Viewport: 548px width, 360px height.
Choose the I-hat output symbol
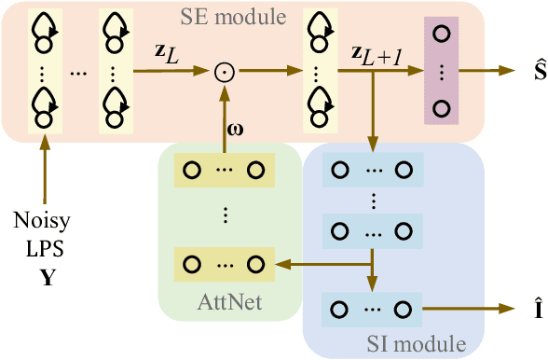pyautogui.click(x=527, y=309)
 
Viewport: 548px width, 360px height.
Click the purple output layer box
pyautogui.click(x=443, y=69)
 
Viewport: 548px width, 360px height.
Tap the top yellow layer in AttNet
pyautogui.click(x=224, y=171)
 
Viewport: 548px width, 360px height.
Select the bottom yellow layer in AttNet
pyautogui.click(x=224, y=265)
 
